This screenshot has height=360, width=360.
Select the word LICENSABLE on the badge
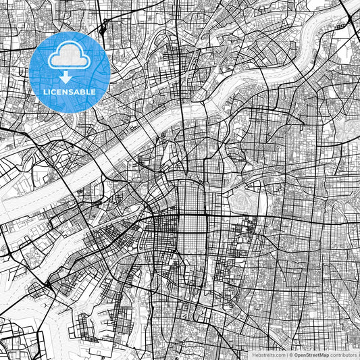(x=70, y=92)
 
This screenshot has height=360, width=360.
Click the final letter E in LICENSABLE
(x=93, y=92)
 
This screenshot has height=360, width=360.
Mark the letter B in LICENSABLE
(x=82, y=92)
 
